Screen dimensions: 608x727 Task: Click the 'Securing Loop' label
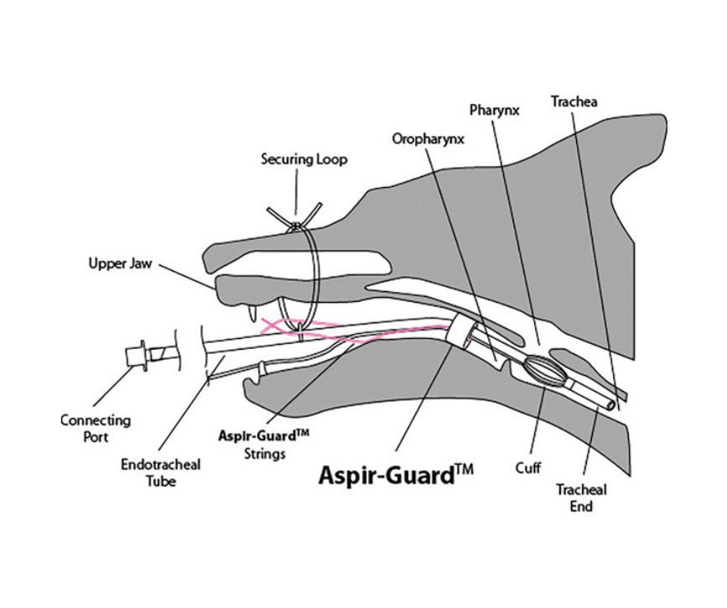pos(303,158)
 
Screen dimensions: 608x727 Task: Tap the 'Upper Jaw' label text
pos(121,263)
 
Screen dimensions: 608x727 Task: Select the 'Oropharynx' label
pos(428,139)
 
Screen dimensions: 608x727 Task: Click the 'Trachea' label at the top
pos(574,101)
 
